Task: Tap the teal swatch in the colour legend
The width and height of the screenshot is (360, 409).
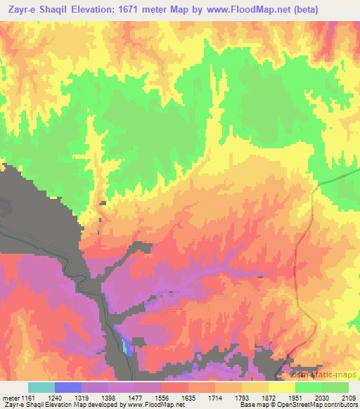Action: click(x=41, y=387)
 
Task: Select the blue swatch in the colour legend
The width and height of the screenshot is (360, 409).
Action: click(x=67, y=387)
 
